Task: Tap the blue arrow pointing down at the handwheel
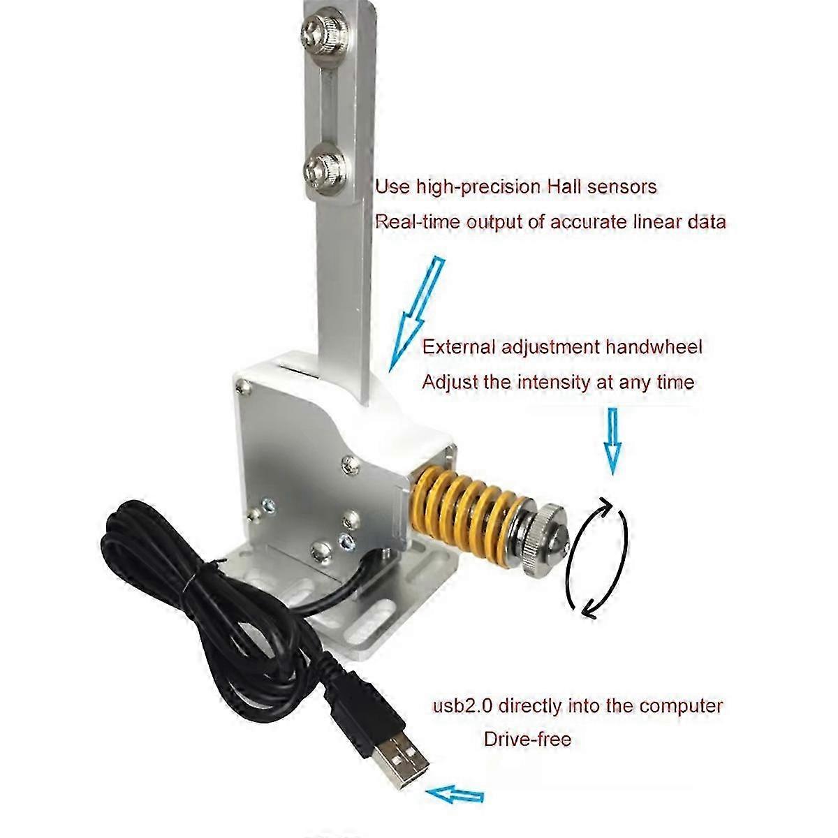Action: (613, 441)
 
